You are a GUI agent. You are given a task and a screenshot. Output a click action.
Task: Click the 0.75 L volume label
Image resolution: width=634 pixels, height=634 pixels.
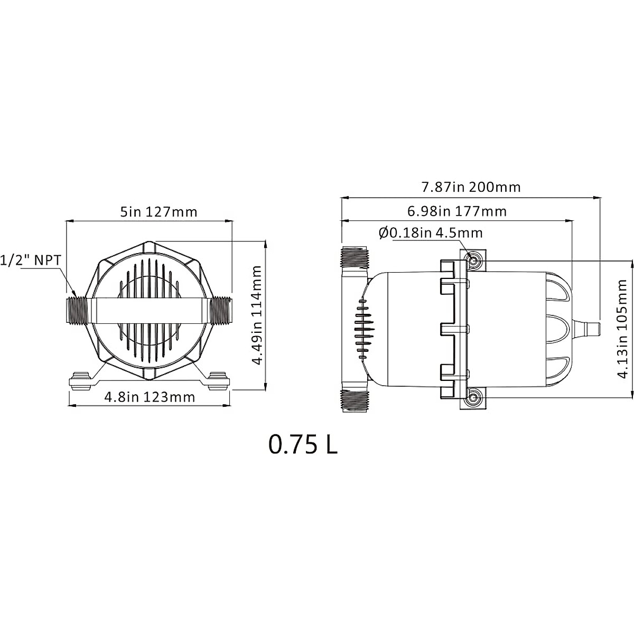(x=303, y=444)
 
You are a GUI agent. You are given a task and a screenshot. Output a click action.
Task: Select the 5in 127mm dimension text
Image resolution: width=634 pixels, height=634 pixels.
(x=158, y=212)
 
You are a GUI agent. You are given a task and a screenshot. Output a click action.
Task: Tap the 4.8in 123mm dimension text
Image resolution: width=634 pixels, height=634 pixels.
(x=150, y=397)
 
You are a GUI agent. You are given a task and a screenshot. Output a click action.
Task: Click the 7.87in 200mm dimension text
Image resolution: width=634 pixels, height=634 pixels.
(x=471, y=187)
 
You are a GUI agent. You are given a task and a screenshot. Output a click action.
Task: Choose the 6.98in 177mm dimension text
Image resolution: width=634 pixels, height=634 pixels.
(x=457, y=211)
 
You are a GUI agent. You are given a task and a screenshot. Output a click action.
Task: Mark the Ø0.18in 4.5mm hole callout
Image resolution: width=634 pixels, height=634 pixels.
(x=431, y=233)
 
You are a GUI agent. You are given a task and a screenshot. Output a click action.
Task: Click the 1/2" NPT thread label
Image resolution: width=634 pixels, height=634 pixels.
(x=31, y=260)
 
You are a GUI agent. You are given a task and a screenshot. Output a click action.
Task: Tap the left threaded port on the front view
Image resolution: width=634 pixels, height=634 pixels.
(x=76, y=311)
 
